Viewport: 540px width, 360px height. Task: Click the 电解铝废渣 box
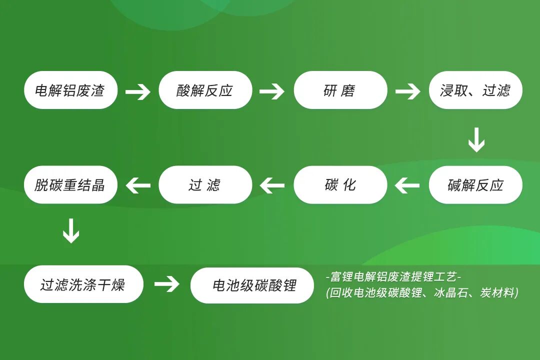[x=70, y=90]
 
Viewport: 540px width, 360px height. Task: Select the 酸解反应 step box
[x=205, y=90]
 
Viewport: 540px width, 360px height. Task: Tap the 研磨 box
[x=340, y=90]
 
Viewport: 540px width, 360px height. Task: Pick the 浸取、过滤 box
[x=475, y=90]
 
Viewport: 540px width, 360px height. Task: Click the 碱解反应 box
[x=475, y=184]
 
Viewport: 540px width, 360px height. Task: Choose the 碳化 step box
[x=340, y=184]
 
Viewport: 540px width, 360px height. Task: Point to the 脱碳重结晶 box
[x=70, y=184]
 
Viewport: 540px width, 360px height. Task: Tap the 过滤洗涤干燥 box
[x=83, y=284]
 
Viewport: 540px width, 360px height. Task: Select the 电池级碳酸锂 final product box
[x=252, y=285]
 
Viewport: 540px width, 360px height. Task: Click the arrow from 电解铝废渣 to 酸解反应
[x=138, y=92]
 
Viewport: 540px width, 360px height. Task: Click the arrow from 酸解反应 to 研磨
[x=272, y=91]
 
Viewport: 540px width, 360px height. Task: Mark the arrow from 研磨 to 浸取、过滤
[x=408, y=91]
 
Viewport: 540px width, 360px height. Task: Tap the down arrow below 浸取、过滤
[x=476, y=140]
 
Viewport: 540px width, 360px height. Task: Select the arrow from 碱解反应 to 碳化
[x=407, y=185]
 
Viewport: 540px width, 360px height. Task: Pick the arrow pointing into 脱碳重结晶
[x=138, y=185]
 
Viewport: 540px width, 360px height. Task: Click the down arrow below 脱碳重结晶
[x=71, y=231]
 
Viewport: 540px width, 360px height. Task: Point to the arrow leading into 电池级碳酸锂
[x=166, y=284]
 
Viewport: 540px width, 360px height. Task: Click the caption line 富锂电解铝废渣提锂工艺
[x=393, y=276]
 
